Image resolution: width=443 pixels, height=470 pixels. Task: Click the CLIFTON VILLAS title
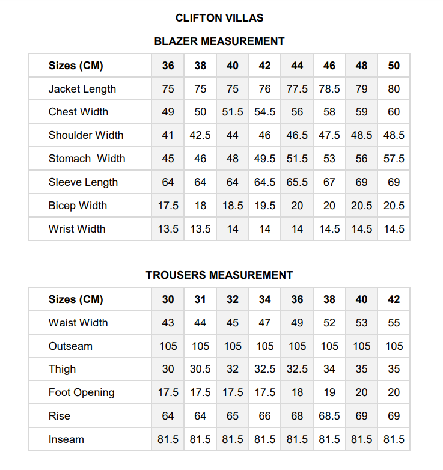pyautogui.click(x=219, y=18)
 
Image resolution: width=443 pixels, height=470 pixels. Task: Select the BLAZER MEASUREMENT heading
pyautogui.click(x=219, y=41)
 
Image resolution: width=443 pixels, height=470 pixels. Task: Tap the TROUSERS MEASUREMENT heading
pyautogui.click(x=219, y=275)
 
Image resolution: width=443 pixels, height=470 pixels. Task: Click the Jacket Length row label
pyautogui.click(x=82, y=89)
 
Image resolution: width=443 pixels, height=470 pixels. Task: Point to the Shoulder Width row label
pyautogui.click(x=86, y=135)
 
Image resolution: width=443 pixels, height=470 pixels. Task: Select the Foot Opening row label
pyautogui.click(x=82, y=392)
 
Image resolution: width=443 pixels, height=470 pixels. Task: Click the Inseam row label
pyautogui.click(x=66, y=439)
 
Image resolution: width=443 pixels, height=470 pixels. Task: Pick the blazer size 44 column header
pyautogui.click(x=297, y=66)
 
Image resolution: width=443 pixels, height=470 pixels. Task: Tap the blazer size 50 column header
pyautogui.click(x=394, y=66)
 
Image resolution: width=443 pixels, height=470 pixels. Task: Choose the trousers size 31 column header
pyautogui.click(x=200, y=299)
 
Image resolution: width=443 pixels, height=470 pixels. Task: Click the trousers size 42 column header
pyautogui.click(x=394, y=299)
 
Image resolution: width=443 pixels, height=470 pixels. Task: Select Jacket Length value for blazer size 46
pyautogui.click(x=329, y=89)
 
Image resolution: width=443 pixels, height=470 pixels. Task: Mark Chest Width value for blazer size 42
pyautogui.click(x=265, y=112)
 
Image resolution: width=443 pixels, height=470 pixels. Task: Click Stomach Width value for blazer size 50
pyautogui.click(x=394, y=159)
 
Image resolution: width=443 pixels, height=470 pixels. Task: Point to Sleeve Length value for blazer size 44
pyautogui.click(x=297, y=182)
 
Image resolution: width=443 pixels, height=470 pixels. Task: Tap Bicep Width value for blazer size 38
pyautogui.click(x=200, y=206)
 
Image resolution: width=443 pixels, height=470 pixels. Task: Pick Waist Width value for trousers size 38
pyautogui.click(x=329, y=323)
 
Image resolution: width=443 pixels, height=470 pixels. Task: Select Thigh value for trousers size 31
pyautogui.click(x=200, y=369)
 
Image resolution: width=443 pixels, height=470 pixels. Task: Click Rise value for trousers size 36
pyautogui.click(x=297, y=416)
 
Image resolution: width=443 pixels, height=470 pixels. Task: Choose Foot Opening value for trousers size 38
pyautogui.click(x=329, y=392)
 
